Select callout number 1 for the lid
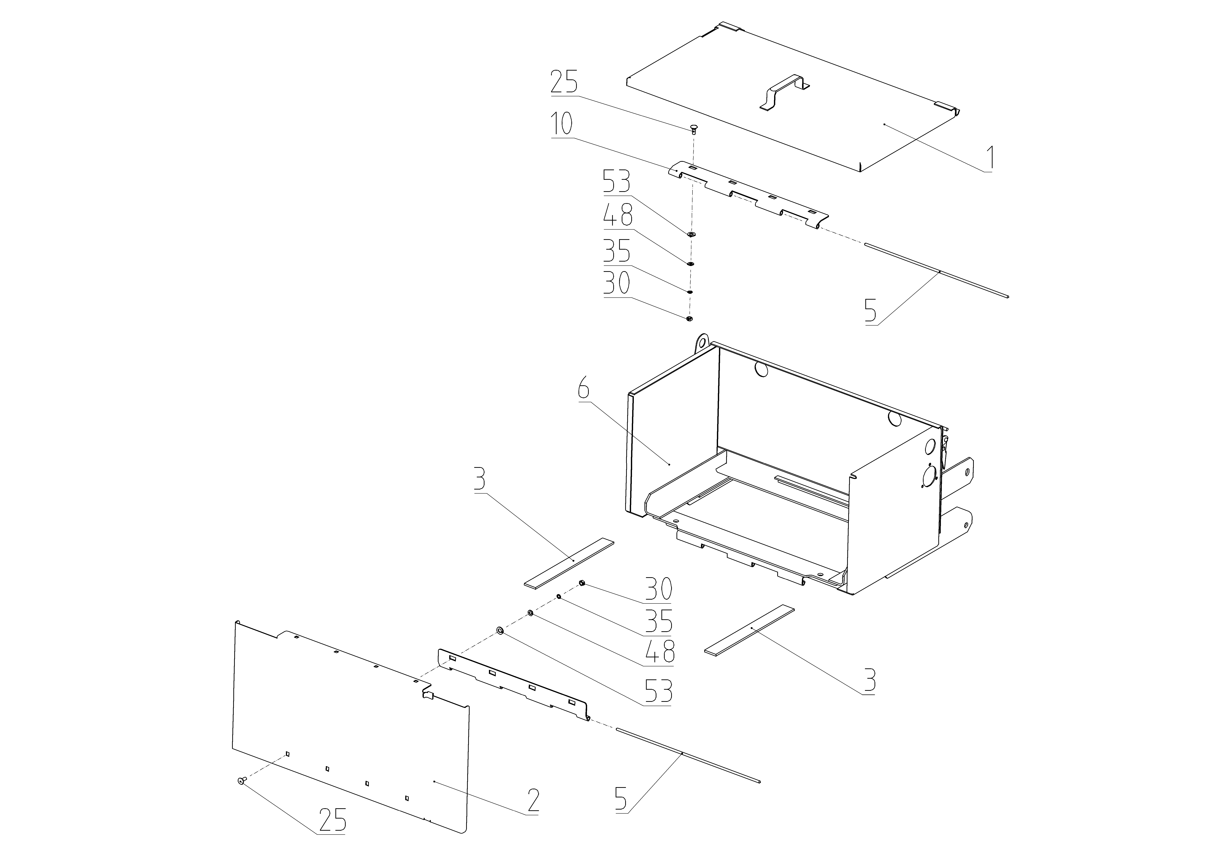click(989, 158)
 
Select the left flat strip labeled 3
click(569, 563)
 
